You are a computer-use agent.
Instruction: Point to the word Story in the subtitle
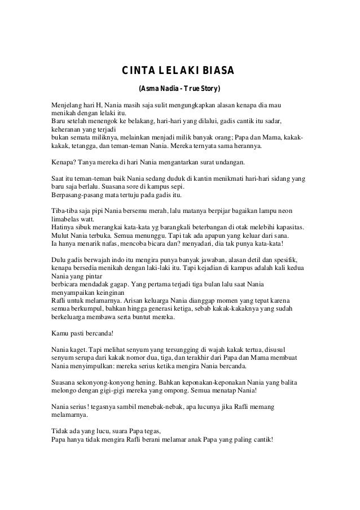point(208,89)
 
